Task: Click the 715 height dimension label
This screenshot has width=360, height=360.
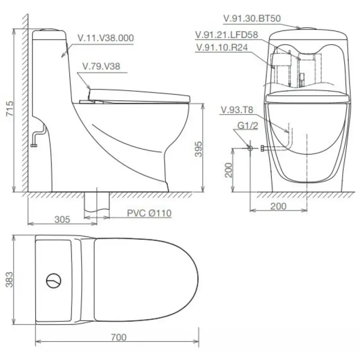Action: coord(9,108)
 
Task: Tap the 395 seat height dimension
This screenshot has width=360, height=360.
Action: coord(198,149)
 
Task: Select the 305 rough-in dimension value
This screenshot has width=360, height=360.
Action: coord(62,220)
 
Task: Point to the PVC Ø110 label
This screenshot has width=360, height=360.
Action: coord(149,213)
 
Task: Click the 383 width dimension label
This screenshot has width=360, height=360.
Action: coord(9,279)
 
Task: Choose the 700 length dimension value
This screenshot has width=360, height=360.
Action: coord(119,337)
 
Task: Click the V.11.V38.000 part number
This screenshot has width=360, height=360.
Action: coord(106,38)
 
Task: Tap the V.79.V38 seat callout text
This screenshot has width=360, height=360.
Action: coord(101,66)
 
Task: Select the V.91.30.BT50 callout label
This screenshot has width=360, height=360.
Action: coord(252,18)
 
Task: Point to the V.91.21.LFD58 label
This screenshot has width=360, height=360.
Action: coord(227,35)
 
